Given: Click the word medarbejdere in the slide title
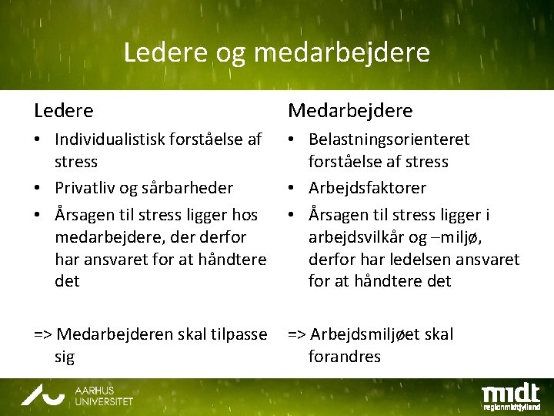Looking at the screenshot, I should (340, 53).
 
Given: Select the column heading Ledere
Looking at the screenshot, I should (64, 111).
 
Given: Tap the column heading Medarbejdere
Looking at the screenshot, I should (350, 111).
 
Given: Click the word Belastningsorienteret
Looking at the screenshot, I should (389, 140).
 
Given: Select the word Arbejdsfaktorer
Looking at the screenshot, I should (367, 188).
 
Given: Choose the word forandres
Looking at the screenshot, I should (344, 357).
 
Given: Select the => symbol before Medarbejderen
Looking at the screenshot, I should (43, 334).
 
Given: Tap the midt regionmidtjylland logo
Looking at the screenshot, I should (510, 395).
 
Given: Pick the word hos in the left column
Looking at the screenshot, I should (245, 214).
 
